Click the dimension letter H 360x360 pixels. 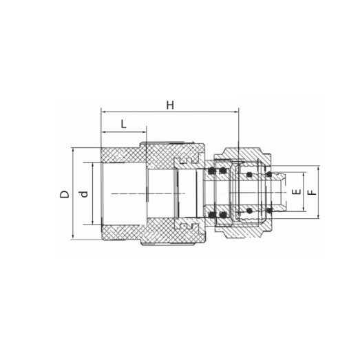click(170, 105)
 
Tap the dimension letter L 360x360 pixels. click(123, 124)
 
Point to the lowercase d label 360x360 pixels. click(84, 195)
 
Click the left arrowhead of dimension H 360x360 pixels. click(103, 110)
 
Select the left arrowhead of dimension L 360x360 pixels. click(103, 130)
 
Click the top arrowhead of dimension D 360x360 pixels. click(72, 149)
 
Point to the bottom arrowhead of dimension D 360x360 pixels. click(72, 238)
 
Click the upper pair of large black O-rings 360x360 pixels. click(218, 170)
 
